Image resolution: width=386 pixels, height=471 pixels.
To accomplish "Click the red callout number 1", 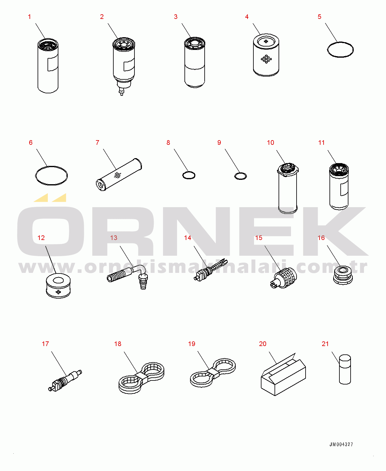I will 30,17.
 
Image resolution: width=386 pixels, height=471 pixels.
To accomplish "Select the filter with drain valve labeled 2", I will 123,64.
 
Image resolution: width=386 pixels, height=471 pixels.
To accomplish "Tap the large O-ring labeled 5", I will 340,50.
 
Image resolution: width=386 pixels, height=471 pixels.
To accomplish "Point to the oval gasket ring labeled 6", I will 51,176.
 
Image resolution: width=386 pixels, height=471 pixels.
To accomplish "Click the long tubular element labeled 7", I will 119,175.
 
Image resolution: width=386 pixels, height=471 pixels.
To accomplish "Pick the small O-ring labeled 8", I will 189,175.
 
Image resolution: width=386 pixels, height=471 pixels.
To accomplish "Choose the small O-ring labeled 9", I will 240,176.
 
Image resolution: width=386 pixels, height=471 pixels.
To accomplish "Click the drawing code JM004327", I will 341,444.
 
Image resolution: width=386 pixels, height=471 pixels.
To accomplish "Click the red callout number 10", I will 270,143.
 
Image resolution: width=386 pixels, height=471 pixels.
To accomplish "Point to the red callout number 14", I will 188,238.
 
